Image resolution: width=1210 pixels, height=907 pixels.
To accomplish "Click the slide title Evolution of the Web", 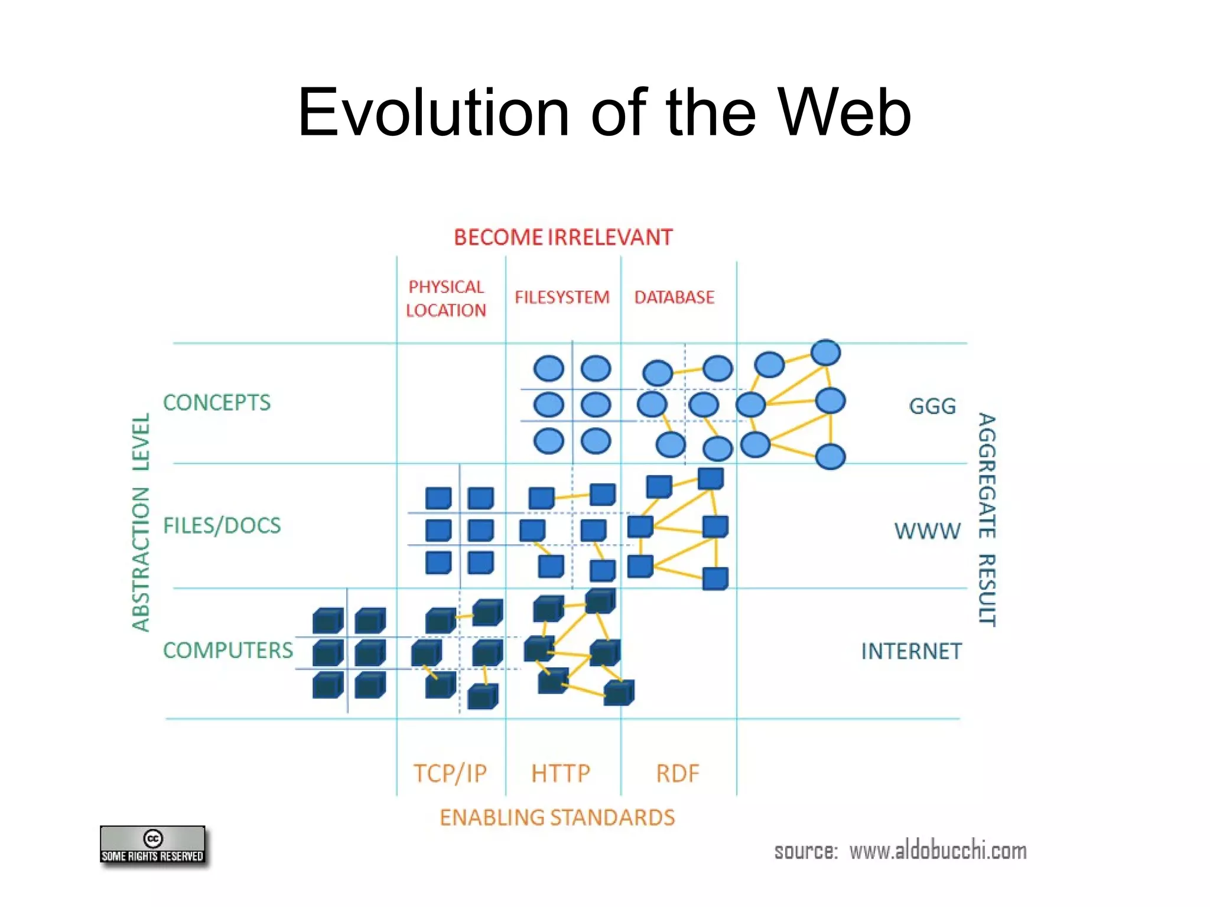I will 604,112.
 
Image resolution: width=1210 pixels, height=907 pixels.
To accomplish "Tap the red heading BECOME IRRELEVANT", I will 563,238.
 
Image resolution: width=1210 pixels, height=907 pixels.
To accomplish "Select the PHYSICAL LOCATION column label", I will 446,298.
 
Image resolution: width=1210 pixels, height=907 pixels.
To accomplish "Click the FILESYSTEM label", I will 562,297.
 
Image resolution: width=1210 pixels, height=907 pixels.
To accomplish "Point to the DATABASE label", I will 674,297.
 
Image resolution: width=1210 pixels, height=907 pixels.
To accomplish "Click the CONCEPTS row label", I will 217,403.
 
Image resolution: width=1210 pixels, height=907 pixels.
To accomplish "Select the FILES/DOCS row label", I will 222,526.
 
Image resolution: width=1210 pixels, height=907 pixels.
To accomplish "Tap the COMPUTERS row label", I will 228,651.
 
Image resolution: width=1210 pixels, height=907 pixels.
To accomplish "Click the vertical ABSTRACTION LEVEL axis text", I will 141,522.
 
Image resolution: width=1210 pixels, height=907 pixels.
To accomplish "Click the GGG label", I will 932,407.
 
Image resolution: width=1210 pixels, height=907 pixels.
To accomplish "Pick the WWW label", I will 927,531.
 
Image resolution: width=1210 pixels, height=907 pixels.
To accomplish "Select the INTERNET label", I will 911,652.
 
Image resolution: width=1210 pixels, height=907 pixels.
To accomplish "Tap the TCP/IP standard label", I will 450,773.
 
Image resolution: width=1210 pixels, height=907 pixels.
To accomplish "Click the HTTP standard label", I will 561,773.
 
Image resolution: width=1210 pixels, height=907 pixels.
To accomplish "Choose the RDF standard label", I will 678,773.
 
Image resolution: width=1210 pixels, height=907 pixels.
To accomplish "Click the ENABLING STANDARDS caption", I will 557,818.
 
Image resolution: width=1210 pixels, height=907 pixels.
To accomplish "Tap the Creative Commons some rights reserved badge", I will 153,845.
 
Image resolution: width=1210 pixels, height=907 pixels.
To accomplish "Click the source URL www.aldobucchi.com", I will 938,851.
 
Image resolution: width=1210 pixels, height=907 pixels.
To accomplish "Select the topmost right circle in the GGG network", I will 825,353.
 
